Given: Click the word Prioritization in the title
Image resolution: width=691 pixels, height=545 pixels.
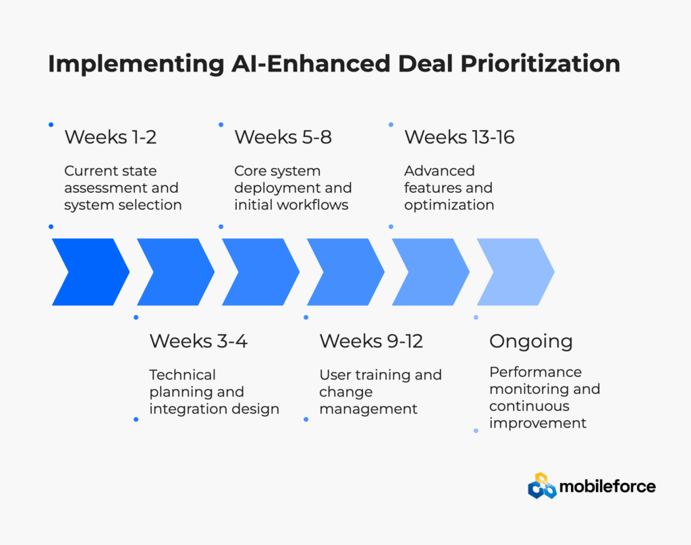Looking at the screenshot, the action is [540, 64].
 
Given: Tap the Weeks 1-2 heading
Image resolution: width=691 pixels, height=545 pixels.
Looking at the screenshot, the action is [110, 137].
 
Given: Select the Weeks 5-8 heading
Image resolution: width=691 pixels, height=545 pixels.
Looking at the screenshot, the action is [283, 137].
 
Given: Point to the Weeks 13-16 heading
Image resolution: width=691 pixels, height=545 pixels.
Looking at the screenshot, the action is [459, 137].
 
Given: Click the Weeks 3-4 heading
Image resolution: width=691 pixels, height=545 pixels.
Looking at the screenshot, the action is [198, 341].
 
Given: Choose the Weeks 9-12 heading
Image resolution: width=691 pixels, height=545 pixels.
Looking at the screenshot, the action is [371, 341].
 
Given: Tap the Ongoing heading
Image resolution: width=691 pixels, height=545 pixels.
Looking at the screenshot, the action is [530, 341].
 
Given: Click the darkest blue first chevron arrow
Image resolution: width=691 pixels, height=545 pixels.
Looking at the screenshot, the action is [90, 272].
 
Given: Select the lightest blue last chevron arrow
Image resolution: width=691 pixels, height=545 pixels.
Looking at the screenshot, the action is [516, 272].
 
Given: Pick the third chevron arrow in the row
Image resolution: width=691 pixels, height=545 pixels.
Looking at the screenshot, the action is [260, 272].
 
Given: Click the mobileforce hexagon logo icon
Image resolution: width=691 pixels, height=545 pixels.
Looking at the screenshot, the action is [542, 486].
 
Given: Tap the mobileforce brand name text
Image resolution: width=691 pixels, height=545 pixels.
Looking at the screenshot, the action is [607, 486].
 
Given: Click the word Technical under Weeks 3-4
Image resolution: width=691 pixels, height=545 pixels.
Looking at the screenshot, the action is [182, 375].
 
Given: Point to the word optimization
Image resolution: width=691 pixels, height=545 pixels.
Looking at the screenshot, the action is [449, 205].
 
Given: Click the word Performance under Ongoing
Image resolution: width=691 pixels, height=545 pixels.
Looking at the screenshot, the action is [535, 372].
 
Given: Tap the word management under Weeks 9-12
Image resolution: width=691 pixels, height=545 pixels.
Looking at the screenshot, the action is [368, 409].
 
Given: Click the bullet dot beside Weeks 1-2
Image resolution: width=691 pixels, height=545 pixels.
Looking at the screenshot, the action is [51, 125].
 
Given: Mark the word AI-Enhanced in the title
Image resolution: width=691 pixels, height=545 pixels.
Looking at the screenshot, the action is [310, 64].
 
